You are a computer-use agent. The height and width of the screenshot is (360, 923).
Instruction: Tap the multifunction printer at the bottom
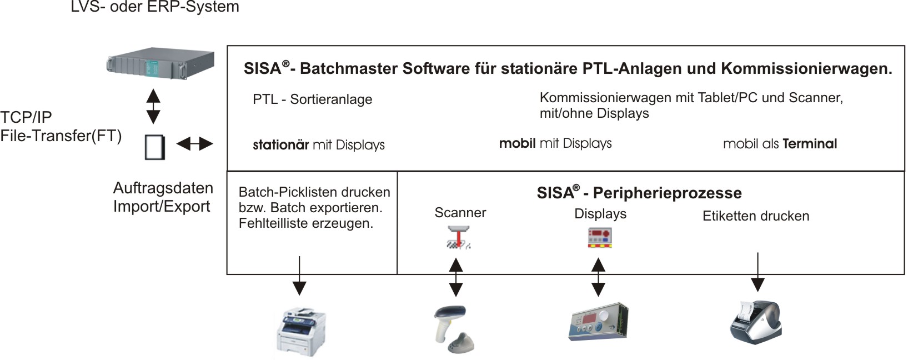point(300,332)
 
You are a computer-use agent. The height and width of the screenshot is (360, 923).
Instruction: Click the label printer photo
point(755,322)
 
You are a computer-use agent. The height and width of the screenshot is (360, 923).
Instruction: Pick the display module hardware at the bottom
point(598,322)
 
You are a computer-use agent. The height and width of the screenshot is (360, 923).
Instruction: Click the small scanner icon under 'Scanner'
point(458,237)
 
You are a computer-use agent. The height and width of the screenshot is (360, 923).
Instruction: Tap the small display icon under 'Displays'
point(599,238)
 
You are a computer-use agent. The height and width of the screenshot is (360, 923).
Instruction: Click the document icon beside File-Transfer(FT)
point(155,147)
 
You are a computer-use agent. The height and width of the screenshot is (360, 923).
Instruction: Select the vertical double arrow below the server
point(153,106)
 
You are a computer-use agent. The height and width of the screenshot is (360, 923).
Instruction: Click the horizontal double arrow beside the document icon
point(194,144)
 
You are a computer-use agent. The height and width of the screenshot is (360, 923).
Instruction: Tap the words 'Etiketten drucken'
point(755,216)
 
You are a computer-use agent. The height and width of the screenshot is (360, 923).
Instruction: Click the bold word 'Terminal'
point(809,144)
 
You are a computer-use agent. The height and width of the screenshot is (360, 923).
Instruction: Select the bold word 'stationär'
point(280,145)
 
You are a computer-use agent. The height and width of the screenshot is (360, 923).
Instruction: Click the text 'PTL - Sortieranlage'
point(312,99)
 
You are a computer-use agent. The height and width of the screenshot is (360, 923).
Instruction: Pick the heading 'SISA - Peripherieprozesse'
point(639,193)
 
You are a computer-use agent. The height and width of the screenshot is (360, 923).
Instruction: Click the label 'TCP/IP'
point(26,117)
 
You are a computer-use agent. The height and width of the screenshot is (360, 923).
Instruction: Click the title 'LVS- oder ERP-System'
point(155,7)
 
